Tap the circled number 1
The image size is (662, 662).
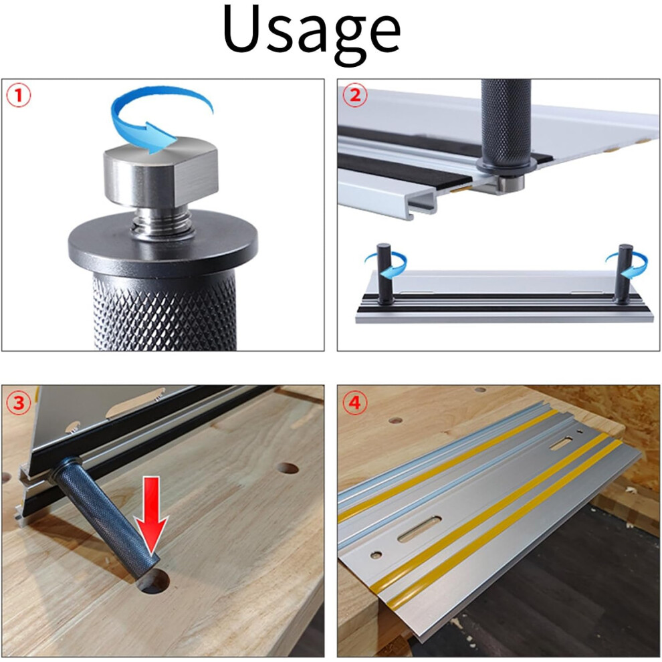tap(19, 96)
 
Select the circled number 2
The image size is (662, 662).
tap(355, 96)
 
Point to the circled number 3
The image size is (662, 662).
tap(19, 403)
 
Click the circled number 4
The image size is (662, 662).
tap(355, 403)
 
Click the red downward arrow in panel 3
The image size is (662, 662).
tap(151, 516)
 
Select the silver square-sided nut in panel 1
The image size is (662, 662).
tap(161, 172)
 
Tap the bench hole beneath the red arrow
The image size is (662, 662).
tap(153, 582)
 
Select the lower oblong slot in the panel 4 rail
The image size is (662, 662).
tap(420, 529)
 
